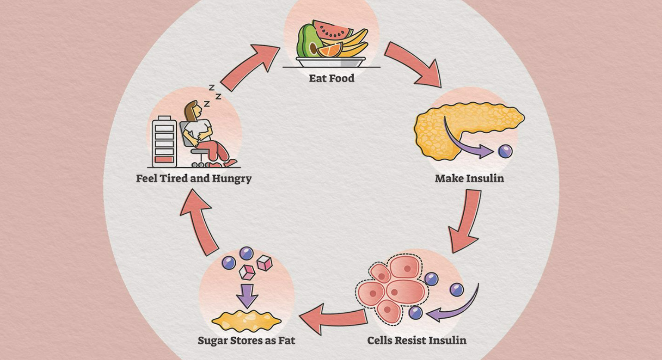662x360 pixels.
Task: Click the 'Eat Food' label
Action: [331, 78]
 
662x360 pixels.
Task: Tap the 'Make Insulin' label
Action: [469, 178]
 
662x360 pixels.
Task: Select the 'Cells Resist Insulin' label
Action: [416, 340]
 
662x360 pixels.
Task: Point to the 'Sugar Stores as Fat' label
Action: [246, 340]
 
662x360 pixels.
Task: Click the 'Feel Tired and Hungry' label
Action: [194, 178]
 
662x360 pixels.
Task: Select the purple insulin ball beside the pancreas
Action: [505, 151]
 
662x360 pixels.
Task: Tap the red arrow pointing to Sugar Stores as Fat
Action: [332, 318]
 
